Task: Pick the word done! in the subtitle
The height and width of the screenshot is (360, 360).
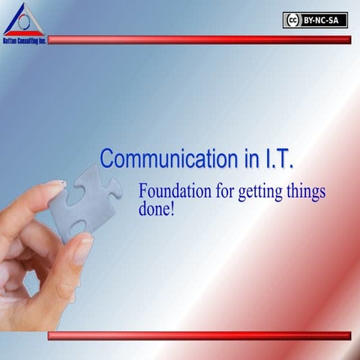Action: (156, 209)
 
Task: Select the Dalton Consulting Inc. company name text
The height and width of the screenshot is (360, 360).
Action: (24, 40)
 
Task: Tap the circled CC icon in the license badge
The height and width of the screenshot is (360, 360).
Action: (292, 20)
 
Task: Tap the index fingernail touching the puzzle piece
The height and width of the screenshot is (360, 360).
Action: (55, 184)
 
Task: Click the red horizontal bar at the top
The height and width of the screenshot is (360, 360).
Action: (199, 40)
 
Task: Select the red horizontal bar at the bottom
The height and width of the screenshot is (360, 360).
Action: (199, 335)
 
